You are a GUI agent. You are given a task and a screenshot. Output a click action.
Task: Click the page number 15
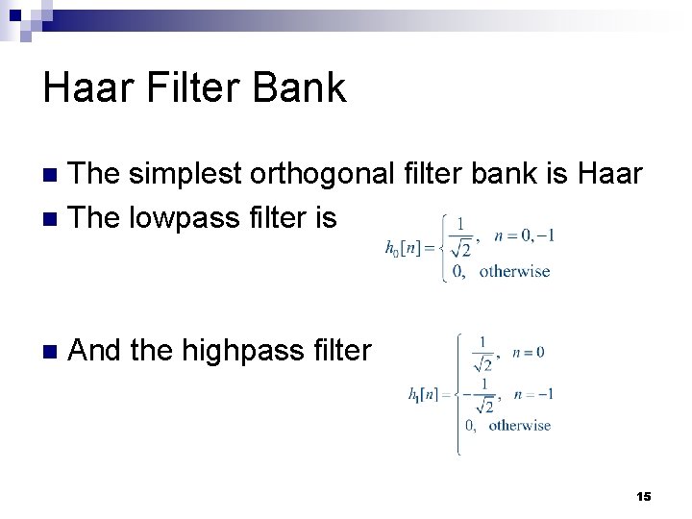coord(644,496)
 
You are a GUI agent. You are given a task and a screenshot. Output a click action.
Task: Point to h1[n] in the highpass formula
coord(426,394)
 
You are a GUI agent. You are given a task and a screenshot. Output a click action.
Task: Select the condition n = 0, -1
coord(524,235)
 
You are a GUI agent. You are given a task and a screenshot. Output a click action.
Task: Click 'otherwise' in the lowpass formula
coord(514,271)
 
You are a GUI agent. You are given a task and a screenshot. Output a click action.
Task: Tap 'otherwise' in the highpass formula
coord(520,425)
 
